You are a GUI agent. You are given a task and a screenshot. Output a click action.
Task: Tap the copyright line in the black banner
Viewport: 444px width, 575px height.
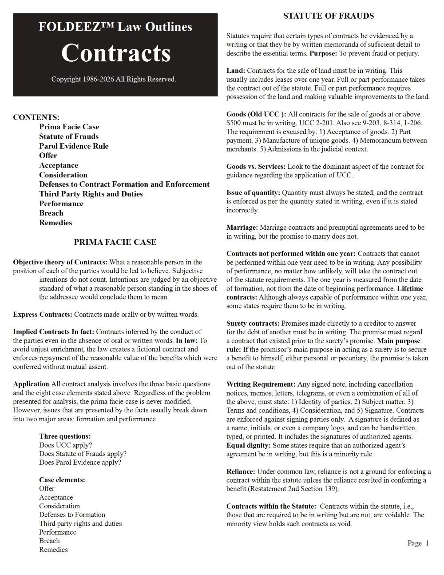(114, 80)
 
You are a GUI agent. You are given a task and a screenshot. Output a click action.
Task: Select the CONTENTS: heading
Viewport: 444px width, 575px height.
(36, 117)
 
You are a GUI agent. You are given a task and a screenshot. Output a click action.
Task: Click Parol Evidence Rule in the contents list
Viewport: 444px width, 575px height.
(74, 146)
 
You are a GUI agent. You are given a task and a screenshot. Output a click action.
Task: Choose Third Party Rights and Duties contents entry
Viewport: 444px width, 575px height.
(91, 194)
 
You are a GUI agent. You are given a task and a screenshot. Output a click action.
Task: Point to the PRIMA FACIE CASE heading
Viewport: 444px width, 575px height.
(115, 242)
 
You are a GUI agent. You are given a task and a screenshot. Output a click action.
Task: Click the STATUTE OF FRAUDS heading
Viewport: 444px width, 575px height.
(329, 16)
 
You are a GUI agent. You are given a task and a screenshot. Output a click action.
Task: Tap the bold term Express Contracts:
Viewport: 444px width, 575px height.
(43, 315)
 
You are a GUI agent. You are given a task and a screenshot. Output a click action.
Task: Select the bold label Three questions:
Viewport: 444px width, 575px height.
(65, 436)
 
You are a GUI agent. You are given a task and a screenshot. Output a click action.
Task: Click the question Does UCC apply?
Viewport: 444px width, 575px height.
(66, 445)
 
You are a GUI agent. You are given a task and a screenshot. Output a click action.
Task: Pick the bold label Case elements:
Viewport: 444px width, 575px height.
(62, 480)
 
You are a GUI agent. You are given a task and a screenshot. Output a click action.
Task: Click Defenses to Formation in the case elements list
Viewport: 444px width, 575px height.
(72, 515)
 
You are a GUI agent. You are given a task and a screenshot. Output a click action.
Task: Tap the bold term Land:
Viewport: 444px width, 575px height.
(236, 71)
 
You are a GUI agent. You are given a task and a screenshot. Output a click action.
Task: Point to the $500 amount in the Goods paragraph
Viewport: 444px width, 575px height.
(234, 123)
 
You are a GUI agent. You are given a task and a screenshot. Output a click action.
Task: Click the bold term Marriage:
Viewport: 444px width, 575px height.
(242, 228)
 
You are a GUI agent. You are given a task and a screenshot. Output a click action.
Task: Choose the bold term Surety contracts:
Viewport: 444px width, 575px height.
(253, 323)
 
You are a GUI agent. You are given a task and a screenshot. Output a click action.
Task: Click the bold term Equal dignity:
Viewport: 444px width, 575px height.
(249, 445)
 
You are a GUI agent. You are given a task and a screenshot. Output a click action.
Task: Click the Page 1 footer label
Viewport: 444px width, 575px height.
(418, 543)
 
